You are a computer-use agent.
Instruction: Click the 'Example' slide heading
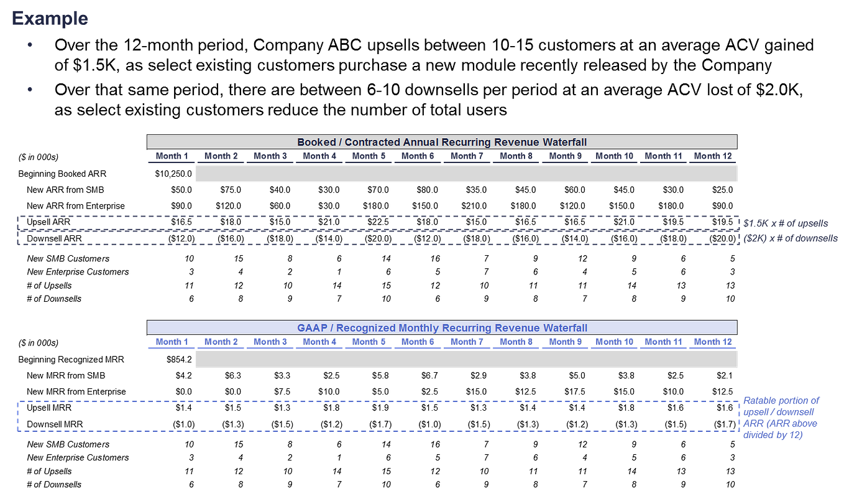50,19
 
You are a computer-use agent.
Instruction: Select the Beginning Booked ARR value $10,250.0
173,174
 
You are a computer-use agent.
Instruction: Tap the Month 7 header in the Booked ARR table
467,156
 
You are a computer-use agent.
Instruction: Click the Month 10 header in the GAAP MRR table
614,342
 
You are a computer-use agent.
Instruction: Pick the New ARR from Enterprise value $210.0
474,206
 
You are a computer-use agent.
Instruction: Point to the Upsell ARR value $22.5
378,222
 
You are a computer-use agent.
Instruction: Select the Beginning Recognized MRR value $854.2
179,360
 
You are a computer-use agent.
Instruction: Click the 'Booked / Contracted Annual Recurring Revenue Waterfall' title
442,143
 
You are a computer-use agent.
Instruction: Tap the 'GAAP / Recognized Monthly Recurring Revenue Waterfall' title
442,328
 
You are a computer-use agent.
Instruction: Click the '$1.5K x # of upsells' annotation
786,223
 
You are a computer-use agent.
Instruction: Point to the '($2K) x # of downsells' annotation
790,238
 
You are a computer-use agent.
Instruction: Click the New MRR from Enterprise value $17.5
575,392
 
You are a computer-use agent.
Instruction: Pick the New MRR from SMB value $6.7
429,375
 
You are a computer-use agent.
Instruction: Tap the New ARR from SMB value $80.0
427,190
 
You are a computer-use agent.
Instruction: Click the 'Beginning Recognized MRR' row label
71,360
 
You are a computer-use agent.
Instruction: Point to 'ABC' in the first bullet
344,45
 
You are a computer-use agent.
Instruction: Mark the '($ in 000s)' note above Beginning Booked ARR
39,157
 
